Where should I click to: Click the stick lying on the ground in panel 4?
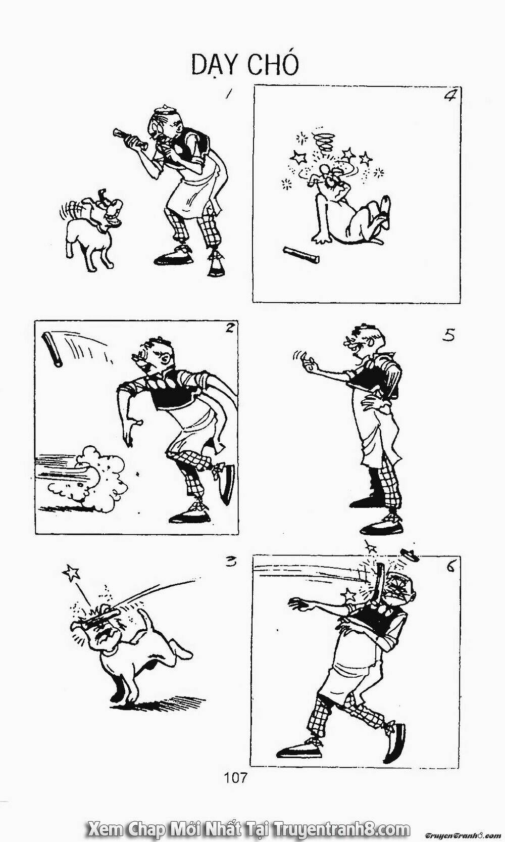pos(301,255)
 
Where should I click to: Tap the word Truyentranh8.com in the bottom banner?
pos(342,827)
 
